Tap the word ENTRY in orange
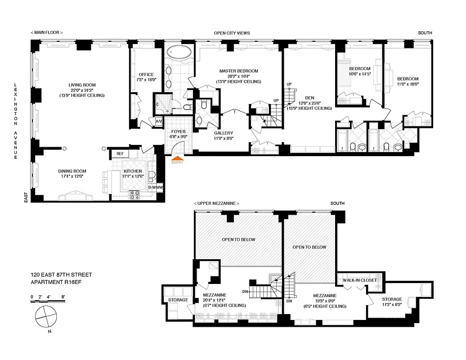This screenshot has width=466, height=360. (178, 162)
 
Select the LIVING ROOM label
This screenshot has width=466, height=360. (82, 85)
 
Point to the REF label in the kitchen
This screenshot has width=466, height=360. (120, 154)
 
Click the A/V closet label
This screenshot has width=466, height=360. (159, 122)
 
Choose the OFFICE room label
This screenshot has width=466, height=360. (146, 75)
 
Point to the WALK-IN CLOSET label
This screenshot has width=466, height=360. (359, 280)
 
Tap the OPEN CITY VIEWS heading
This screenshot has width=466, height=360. (232, 33)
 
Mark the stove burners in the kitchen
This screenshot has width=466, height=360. (134, 195)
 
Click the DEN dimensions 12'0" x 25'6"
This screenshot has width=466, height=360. (309, 103)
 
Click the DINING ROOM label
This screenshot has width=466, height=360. (72, 171)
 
